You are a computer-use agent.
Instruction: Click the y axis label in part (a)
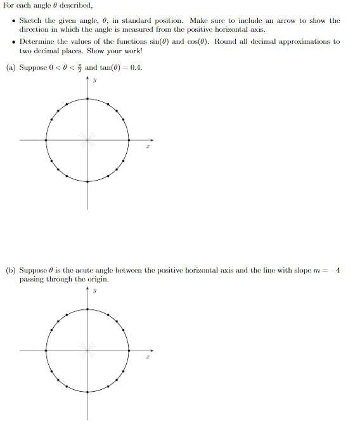click(x=94, y=81)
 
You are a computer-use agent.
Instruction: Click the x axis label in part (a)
click(x=146, y=147)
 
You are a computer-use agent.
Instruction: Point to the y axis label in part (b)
click(x=94, y=292)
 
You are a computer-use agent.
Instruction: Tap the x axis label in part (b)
click(x=146, y=358)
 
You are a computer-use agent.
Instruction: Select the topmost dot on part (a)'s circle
click(x=87, y=98)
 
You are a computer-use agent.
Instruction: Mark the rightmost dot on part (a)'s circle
click(x=129, y=139)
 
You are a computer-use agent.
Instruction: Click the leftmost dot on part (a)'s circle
click(x=46, y=139)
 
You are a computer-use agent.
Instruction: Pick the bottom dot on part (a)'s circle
click(x=87, y=181)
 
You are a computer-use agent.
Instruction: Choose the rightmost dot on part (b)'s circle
click(x=129, y=350)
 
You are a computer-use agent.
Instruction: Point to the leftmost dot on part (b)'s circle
click(x=46, y=350)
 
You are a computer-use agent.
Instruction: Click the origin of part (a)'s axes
click(x=87, y=139)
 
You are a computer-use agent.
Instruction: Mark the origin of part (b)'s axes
click(x=87, y=350)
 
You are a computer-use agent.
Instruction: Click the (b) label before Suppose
click(x=11, y=270)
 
